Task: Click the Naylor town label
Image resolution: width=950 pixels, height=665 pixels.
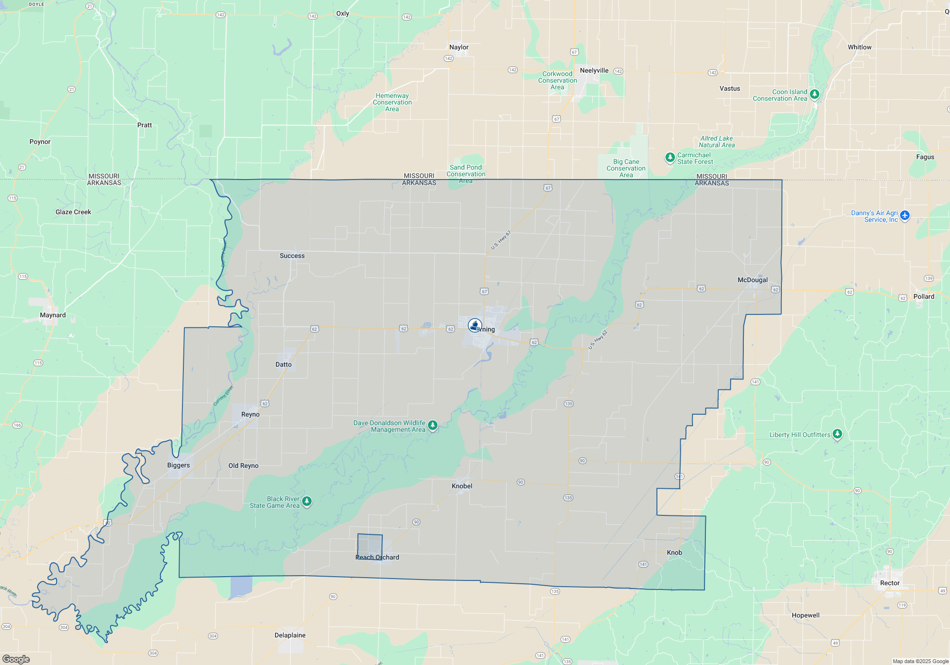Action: click(459, 47)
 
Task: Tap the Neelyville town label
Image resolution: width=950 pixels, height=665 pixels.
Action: click(594, 70)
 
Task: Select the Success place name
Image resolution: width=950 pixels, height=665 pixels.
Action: click(292, 256)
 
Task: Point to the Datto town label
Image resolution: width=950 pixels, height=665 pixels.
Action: click(284, 364)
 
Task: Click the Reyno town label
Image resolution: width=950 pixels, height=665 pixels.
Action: click(250, 414)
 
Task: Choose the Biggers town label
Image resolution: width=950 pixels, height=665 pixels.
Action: click(179, 465)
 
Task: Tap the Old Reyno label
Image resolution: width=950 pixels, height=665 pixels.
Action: click(243, 465)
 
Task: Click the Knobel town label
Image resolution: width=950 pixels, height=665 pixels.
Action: click(462, 486)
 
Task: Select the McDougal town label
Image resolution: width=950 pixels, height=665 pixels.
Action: click(752, 280)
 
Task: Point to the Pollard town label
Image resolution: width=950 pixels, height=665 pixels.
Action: click(923, 296)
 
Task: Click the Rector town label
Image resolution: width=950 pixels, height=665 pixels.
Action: click(890, 583)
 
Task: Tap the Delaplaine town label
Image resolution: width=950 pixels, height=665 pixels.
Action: click(290, 635)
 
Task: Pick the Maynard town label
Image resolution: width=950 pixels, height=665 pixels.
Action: click(53, 315)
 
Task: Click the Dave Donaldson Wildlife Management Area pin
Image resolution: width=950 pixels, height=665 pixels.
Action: click(432, 425)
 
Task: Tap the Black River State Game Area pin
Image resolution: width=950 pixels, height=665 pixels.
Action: click(307, 501)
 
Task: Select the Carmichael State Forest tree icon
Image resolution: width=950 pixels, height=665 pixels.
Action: click(670, 157)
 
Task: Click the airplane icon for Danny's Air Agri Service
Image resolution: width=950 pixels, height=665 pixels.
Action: click(905, 215)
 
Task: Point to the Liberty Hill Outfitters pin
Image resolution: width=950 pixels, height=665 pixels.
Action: click(837, 434)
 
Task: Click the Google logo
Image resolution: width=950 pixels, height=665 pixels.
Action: click(16, 659)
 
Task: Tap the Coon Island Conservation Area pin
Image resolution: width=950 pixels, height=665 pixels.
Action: click(815, 94)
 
